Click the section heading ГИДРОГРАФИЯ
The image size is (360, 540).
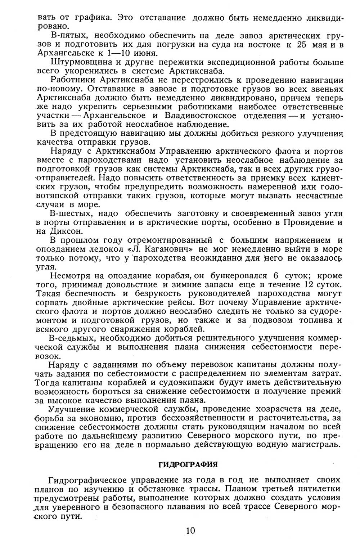pos(188,464)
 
